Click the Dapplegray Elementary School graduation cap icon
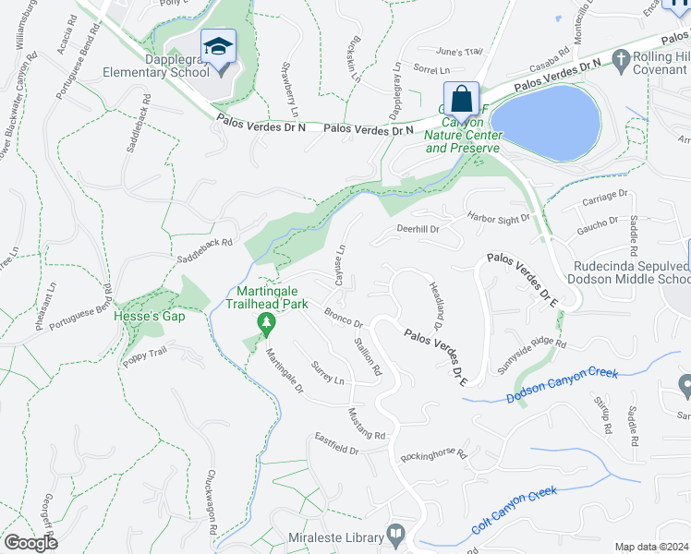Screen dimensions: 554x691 218,46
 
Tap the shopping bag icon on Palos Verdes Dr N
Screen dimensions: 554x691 460,99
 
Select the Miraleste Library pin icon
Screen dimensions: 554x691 396,533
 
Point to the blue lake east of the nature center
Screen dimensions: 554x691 544,120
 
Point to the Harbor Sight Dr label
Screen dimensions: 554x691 499,219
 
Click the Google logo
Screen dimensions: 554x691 30,542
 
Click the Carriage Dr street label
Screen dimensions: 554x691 606,196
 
